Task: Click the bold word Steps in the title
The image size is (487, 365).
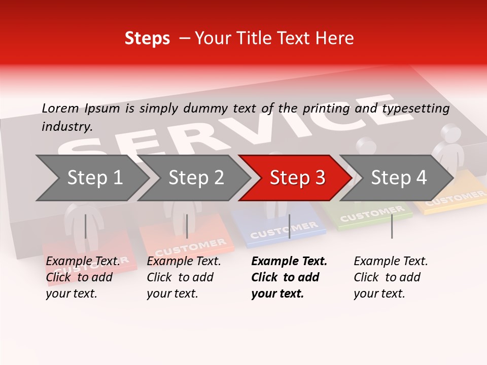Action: [x=147, y=39]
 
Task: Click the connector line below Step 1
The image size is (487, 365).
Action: [x=86, y=226]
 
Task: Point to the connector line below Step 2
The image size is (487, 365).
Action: [x=187, y=226]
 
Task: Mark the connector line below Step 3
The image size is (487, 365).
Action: [x=289, y=226]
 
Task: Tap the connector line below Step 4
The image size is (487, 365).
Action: [x=392, y=226]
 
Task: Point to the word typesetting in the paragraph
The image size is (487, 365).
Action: [x=415, y=108]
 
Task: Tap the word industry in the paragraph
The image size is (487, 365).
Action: [x=66, y=126]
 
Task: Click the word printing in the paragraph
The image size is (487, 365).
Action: [x=326, y=108]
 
